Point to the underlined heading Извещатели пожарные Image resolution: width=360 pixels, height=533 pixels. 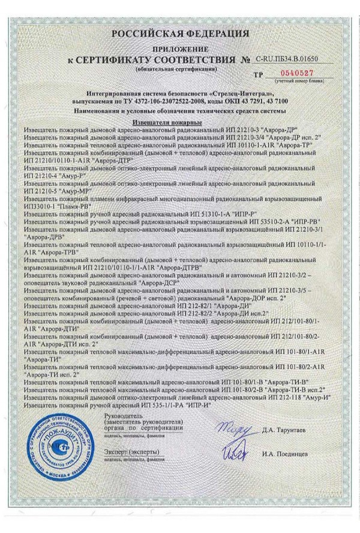tap(179, 122)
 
